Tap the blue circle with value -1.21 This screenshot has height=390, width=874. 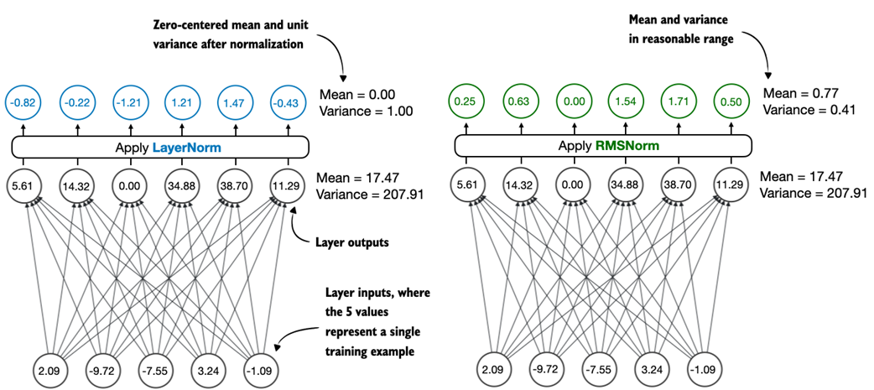[129, 102]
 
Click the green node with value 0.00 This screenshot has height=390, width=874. [573, 102]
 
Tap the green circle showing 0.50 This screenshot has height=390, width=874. [727, 102]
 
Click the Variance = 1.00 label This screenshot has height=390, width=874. [367, 111]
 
